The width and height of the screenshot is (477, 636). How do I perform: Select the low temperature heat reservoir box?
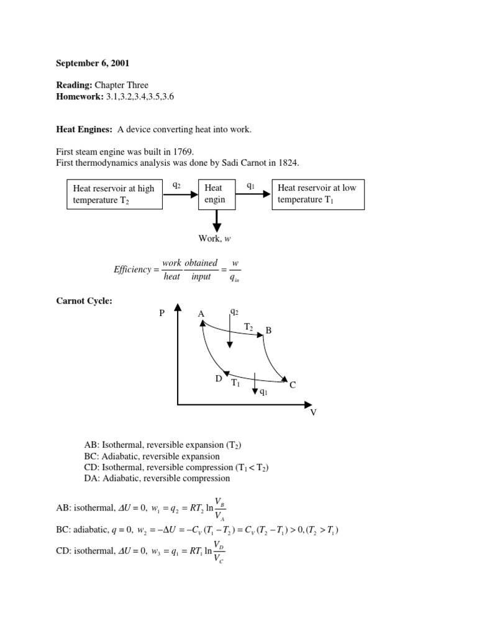click(317, 194)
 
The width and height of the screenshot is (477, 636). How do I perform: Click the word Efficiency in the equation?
click(132, 270)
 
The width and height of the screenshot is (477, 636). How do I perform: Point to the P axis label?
click(162, 314)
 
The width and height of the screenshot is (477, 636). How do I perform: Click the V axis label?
click(313, 412)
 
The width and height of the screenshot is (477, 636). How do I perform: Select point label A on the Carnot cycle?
click(201, 314)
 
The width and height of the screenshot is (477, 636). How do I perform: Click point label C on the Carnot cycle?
click(292, 385)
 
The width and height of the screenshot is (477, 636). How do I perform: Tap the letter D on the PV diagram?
click(219, 378)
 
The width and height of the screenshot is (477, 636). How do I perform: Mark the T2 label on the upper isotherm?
click(248, 326)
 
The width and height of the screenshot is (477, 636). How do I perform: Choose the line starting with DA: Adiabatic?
click(157, 478)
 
